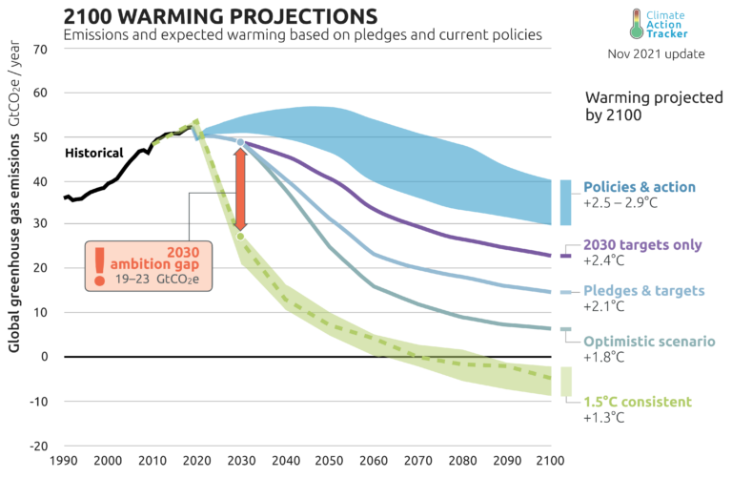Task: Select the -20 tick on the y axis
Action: [40, 446]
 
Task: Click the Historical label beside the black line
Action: [93, 153]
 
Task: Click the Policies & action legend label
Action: [640, 187]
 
